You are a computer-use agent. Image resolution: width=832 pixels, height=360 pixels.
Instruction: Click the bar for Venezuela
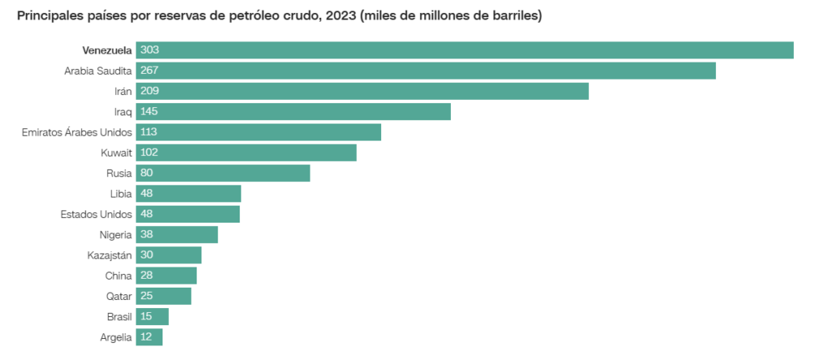(465, 50)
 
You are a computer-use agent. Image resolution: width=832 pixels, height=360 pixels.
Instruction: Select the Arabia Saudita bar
(426, 71)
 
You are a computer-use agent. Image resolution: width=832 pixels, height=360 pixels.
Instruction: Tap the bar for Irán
(362, 91)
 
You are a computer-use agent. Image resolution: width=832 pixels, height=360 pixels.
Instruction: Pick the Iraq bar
(293, 111)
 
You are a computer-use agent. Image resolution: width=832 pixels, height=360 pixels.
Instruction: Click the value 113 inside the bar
(149, 132)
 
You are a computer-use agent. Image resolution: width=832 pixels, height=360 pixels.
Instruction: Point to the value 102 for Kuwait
(149, 152)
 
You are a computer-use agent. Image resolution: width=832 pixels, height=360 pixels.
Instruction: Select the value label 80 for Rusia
(146, 173)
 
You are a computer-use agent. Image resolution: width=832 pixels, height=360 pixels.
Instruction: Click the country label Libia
(120, 193)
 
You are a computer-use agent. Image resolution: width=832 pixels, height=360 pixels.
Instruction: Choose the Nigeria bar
(177, 235)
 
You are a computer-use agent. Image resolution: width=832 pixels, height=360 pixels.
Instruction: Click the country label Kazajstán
(110, 255)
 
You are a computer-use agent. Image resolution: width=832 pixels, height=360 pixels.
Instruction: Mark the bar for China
(167, 275)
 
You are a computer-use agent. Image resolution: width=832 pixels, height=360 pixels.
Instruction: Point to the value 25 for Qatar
(146, 296)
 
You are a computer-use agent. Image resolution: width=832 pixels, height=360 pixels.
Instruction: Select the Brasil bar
(153, 316)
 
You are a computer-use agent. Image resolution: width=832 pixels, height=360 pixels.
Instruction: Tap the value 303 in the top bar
(149, 50)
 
